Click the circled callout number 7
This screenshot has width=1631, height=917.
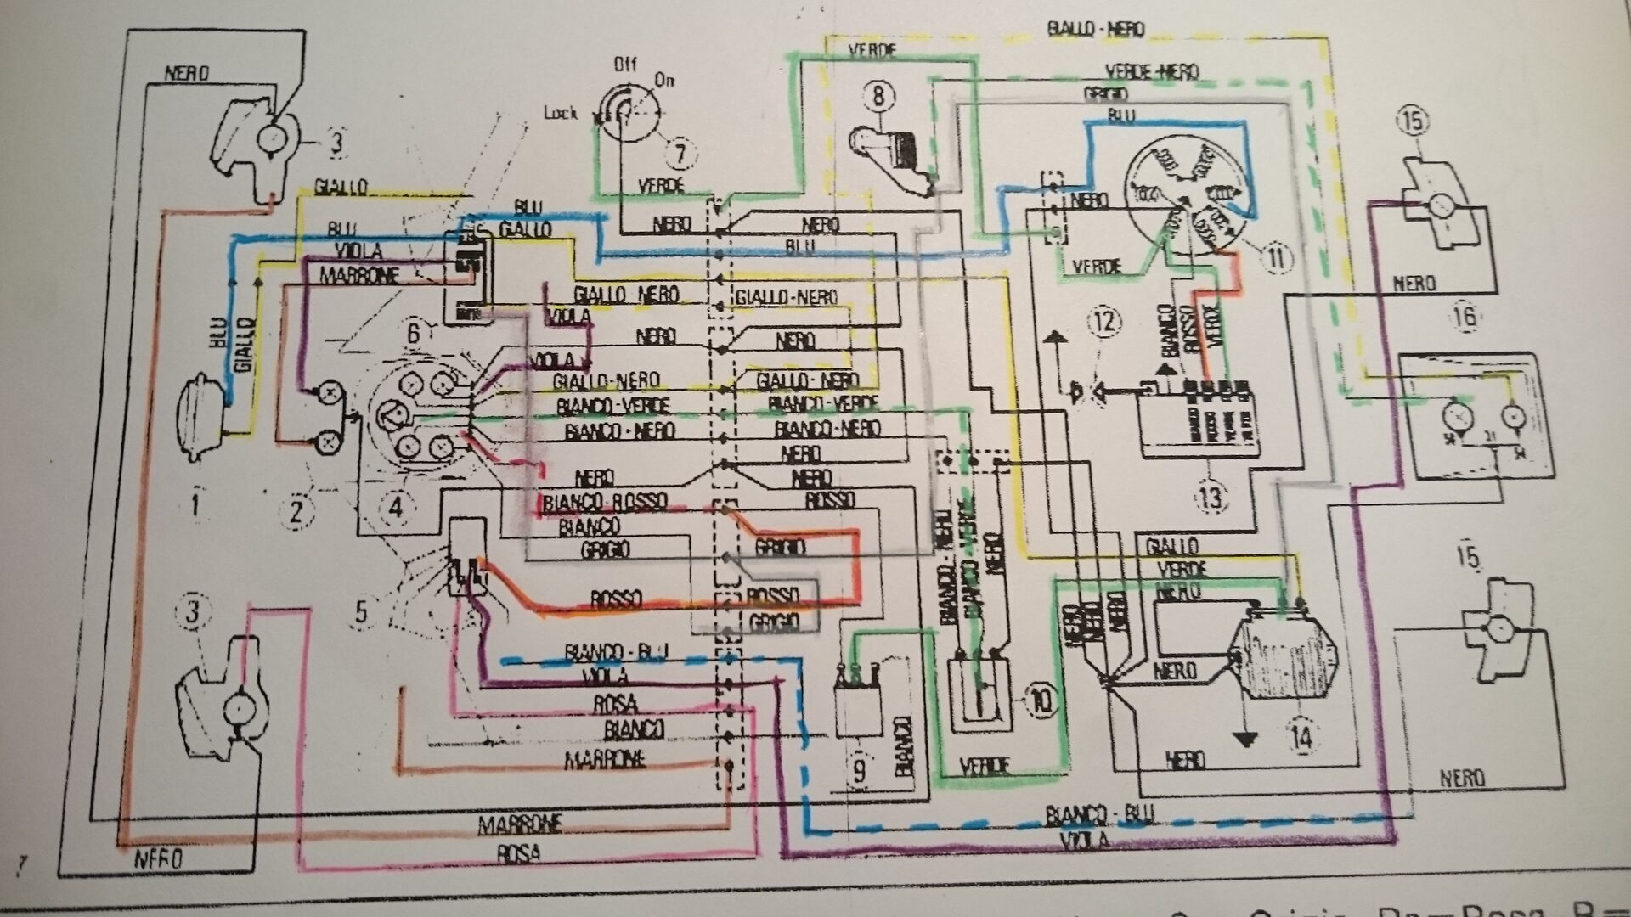click(680, 154)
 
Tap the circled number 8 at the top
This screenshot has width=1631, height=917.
click(878, 95)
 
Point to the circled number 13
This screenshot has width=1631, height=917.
click(1211, 496)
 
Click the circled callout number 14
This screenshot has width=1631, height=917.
click(1301, 737)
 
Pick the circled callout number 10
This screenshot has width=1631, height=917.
click(1041, 700)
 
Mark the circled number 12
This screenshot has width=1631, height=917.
click(1105, 322)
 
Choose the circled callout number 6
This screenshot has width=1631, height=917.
click(414, 332)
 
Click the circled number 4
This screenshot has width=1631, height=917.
click(395, 507)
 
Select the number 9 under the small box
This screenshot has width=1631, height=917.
click(859, 772)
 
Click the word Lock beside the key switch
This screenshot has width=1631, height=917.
click(562, 112)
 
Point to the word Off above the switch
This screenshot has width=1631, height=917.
click(625, 65)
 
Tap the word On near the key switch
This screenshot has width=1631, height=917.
click(664, 81)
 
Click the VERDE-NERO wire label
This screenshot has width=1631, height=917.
click(1151, 72)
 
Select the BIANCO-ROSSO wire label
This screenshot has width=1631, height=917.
click(605, 502)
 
